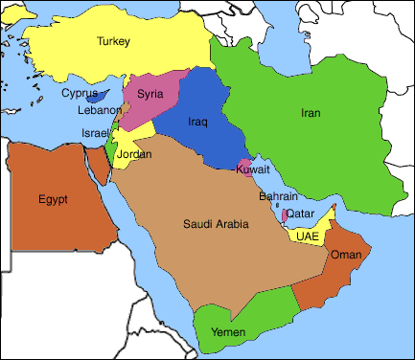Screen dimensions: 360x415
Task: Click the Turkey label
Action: click(112, 41)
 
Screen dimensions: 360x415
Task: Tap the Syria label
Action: click(150, 93)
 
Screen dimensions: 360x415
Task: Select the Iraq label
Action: click(197, 122)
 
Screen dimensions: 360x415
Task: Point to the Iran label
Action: click(311, 113)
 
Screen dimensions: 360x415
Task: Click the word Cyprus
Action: click(80, 93)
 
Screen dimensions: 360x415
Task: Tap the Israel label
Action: click(96, 132)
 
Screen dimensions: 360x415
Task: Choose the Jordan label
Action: click(134, 153)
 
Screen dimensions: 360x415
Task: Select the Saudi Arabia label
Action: click(216, 224)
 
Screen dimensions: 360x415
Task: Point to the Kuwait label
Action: click(253, 169)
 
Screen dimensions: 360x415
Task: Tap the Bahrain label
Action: click(278, 195)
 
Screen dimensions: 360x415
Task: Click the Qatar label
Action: click(299, 213)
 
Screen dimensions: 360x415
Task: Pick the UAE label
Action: click(308, 235)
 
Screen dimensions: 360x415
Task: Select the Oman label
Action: click(345, 255)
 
